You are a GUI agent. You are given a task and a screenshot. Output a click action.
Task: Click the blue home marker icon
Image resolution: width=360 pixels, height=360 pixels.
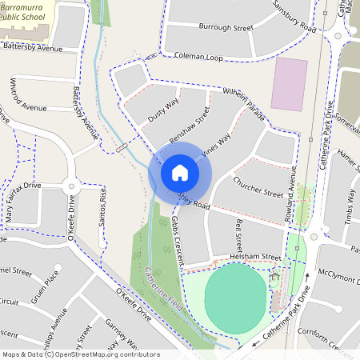click(180, 172)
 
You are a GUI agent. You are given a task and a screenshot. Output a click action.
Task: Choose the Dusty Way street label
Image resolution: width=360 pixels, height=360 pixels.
click(162, 110)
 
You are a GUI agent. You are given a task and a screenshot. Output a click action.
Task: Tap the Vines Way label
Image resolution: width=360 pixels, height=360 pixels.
click(215, 145)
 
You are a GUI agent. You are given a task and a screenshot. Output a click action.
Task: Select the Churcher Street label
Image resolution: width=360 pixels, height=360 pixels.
click(258, 187)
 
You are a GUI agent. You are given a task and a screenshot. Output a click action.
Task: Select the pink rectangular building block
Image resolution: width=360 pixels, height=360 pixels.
click(289, 83)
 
